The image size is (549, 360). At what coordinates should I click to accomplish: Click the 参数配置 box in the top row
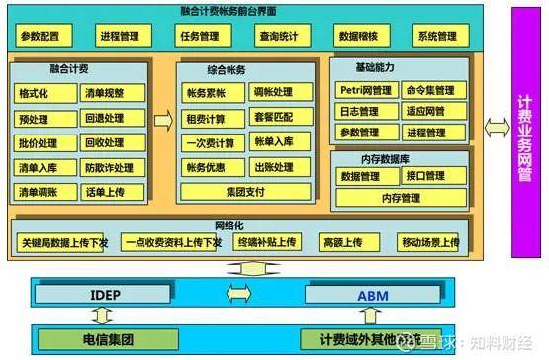41,37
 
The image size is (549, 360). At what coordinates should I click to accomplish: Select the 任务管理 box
198,37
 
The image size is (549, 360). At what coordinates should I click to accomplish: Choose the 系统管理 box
436,37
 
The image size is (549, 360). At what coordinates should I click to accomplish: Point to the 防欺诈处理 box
110,168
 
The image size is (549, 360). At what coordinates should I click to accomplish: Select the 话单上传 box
110,192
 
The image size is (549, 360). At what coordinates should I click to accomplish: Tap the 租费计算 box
206,118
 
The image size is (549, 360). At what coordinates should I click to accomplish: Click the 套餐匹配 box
274,118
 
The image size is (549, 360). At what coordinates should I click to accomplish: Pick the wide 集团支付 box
239,192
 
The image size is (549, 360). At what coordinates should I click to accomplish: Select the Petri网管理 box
360,91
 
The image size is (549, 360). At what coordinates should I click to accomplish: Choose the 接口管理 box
428,177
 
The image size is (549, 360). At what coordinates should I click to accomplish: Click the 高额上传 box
341,242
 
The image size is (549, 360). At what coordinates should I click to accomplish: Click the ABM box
373,294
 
